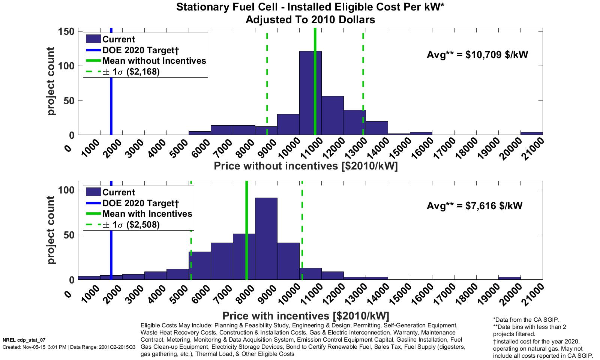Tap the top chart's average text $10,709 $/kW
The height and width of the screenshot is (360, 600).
pos(477,55)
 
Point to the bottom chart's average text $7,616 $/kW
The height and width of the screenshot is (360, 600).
pos(474,206)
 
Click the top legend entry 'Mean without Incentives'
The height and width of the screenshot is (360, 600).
pos(154,61)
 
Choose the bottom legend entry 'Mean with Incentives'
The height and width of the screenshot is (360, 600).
pos(147,214)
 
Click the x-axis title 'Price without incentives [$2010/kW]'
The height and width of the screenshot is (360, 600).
pos(306,166)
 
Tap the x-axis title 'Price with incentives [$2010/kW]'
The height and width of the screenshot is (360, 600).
pos(306,315)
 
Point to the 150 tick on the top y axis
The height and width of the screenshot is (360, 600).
pos(66,31)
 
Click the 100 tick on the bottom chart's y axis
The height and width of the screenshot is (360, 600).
pos(66,190)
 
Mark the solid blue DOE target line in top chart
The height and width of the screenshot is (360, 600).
pos(111,94)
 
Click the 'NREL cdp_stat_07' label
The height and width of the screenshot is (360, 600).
pos(24,340)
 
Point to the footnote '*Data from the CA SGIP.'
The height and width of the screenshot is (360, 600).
pos(526,320)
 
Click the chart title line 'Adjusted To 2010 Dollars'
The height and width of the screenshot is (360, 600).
pos(310,20)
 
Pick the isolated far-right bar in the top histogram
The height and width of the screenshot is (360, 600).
pos(531,133)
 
